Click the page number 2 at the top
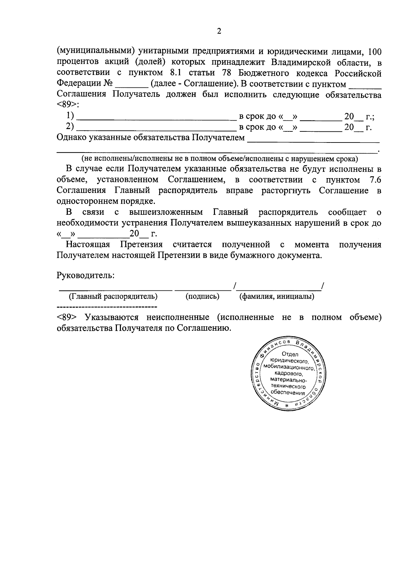coord(219,32)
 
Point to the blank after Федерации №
coord(131,84)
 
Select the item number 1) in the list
coord(70,116)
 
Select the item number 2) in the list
coord(70,127)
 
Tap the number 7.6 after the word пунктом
coord(375,180)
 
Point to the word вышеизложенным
coord(166,212)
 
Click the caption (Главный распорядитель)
coord(113,296)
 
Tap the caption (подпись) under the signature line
coord(202,296)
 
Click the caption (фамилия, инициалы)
coord(276,296)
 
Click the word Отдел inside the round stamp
coord(290,354)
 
